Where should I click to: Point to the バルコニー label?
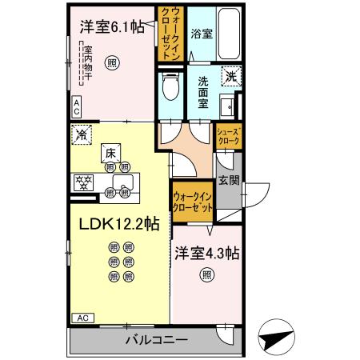[157, 340]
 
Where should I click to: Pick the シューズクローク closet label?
[228, 136]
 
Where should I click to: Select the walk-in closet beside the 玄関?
[193, 201]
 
